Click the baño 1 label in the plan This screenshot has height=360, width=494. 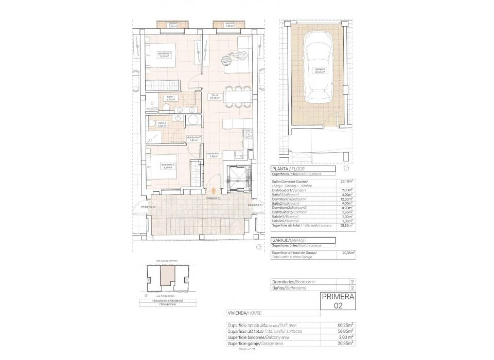pyautogui.click(x=171, y=98)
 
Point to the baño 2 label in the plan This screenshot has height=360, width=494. pyautogui.click(x=162, y=124)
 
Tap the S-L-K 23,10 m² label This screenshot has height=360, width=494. pyautogui.click(x=215, y=96)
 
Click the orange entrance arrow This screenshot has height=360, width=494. pyautogui.click(x=213, y=190)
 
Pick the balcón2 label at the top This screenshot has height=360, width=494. pyautogui.click(x=230, y=24)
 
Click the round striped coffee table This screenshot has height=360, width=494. pyautogui.click(x=227, y=61)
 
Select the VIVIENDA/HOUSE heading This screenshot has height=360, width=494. pyautogui.click(x=246, y=313)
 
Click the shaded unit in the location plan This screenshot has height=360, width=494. pyautogui.click(x=165, y=278)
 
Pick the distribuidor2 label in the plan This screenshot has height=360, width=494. pyautogui.click(x=193, y=138)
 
